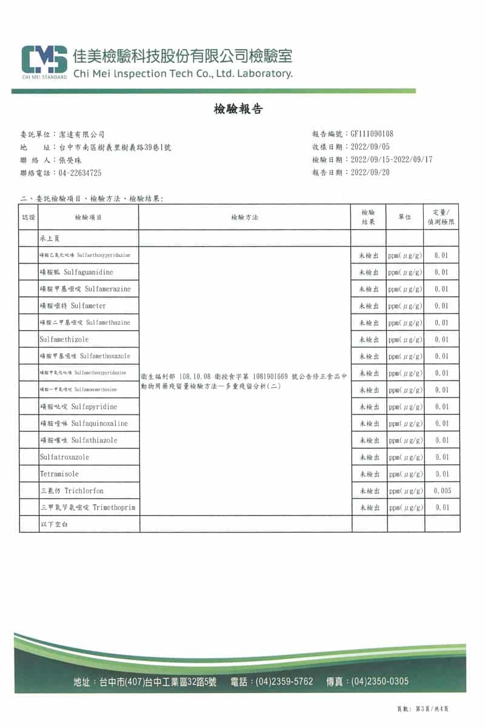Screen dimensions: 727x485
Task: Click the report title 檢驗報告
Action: tap(238, 109)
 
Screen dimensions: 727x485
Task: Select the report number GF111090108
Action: tap(372, 134)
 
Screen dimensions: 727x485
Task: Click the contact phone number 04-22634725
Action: tap(80, 173)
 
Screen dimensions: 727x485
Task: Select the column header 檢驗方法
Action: tap(245, 217)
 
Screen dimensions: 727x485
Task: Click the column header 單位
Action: tap(405, 217)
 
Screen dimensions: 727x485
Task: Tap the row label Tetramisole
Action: tap(59, 474)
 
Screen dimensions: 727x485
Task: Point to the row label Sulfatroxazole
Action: tap(65, 457)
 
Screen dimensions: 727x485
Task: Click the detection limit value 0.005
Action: tap(442, 491)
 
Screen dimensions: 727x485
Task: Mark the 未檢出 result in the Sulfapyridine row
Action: tap(369, 407)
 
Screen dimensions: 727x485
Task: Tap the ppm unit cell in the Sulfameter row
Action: tap(405, 306)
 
